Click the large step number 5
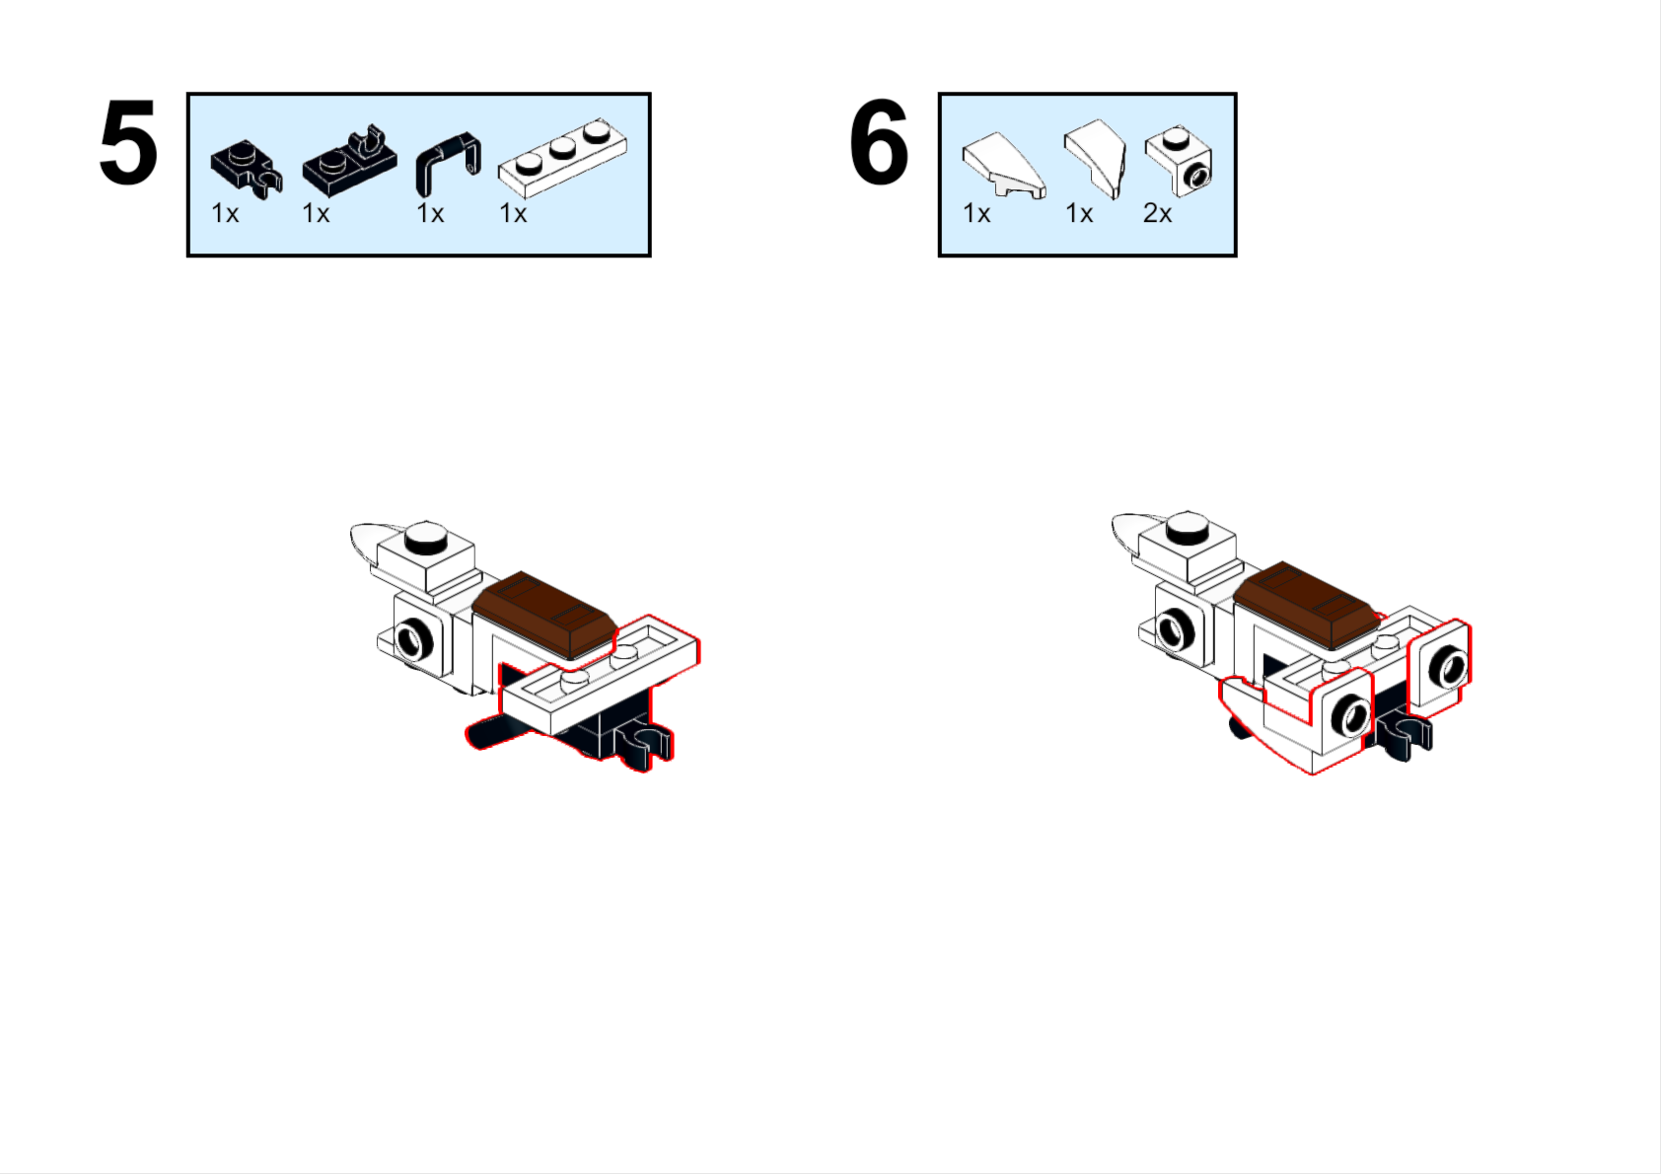[128, 142]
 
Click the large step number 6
[879, 142]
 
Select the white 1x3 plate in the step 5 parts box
[563, 159]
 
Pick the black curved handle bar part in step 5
[447, 163]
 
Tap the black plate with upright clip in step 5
[349, 161]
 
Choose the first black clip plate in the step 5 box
[247, 170]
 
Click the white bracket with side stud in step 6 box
[1179, 161]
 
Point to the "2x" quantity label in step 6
[1157, 214]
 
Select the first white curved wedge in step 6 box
[1004, 166]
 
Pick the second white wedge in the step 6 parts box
[1096, 158]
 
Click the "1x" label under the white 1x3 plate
[512, 214]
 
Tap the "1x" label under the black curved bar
[429, 214]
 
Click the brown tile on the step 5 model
[544, 614]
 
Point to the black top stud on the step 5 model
[426, 538]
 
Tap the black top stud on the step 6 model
[1188, 527]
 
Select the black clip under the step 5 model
[647, 745]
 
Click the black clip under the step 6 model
[1404, 736]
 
